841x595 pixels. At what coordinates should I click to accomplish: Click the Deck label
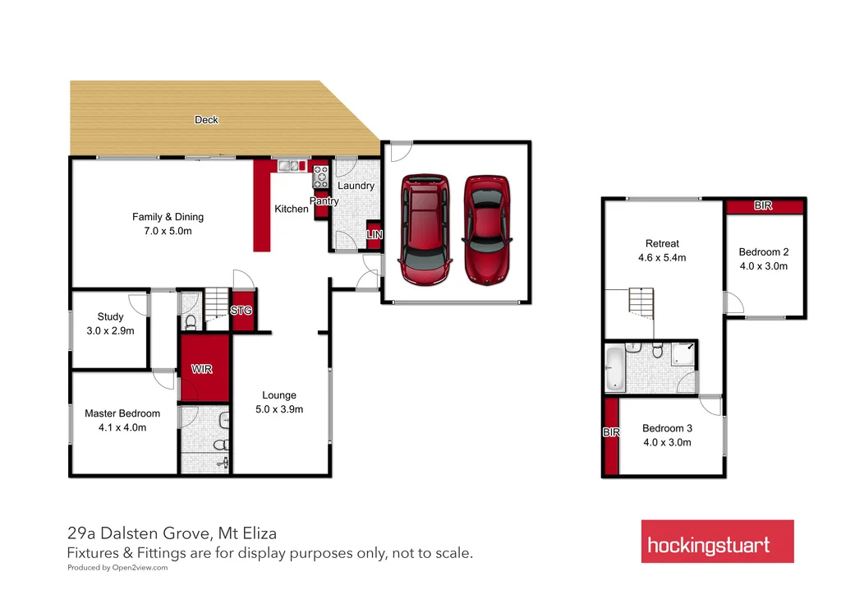206,120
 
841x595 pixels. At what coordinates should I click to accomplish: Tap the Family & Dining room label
168,217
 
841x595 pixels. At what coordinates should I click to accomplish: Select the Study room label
110,316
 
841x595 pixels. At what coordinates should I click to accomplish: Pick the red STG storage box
241,311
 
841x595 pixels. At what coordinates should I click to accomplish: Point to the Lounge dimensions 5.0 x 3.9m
279,409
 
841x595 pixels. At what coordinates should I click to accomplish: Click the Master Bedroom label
122,413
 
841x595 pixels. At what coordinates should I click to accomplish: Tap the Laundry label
356,186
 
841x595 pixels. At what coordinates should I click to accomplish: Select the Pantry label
324,201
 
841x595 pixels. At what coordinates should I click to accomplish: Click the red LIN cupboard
374,236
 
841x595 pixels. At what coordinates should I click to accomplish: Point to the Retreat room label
662,243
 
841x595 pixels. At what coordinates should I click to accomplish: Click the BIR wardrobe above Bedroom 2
763,205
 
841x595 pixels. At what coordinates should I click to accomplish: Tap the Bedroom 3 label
667,428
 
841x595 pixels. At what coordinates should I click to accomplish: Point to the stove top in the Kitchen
320,175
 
